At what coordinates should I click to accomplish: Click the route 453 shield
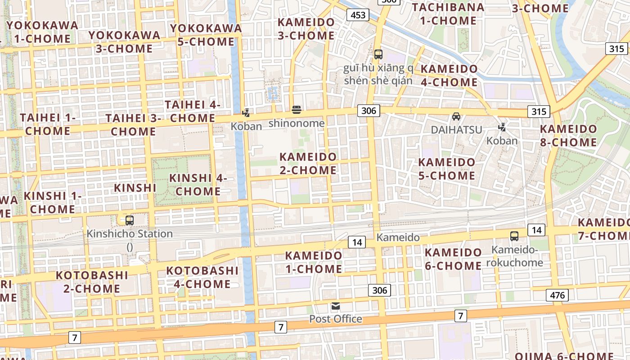coord(358,15)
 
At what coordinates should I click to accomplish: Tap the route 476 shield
coord(557,295)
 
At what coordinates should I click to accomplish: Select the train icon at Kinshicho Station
coord(130,220)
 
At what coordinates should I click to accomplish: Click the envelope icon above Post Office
coord(336,306)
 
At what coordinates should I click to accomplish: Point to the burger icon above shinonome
coord(296,109)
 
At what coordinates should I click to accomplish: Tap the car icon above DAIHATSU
coord(456,117)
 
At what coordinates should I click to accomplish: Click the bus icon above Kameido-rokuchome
coord(514,236)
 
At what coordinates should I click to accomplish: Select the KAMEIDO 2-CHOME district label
coord(308,164)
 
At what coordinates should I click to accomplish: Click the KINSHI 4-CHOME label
coord(198,184)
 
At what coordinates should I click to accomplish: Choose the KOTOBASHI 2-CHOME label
coord(92,282)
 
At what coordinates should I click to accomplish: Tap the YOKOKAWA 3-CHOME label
coord(124,42)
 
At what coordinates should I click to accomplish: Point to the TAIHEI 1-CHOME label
coord(48,125)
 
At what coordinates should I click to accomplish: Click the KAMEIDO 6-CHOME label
coord(453,259)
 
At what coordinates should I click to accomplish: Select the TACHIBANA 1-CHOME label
coord(448,14)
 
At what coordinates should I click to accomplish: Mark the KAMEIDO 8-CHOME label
coord(568,135)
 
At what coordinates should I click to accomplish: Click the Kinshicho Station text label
coord(130,234)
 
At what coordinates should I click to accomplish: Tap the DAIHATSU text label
coord(456,130)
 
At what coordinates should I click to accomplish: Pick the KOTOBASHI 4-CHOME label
coord(202,277)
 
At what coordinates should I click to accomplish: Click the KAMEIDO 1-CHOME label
coord(314,262)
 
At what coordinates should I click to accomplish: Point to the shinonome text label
coord(296,123)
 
